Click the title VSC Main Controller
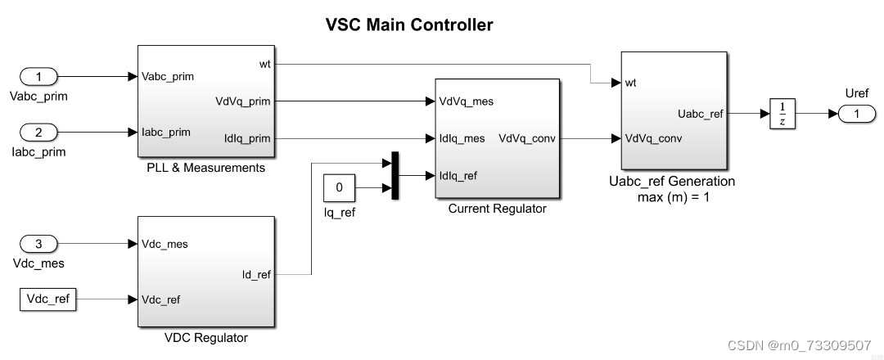(x=409, y=25)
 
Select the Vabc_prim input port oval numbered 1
(x=38, y=77)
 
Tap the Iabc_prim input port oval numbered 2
(x=38, y=133)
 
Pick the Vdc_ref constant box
(x=47, y=299)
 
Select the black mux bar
(x=395, y=175)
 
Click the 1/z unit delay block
(x=783, y=115)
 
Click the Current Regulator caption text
(x=497, y=209)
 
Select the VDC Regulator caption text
(x=205, y=337)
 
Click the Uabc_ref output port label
(x=701, y=114)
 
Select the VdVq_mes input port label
(x=466, y=101)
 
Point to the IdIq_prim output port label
(x=248, y=138)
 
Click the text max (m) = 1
(x=674, y=196)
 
